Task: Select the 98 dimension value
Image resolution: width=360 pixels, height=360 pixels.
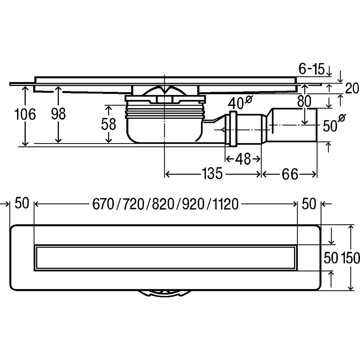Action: tap(58, 114)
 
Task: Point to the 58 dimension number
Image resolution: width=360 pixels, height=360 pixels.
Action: tap(108, 124)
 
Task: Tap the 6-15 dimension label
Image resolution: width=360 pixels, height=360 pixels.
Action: tap(312, 70)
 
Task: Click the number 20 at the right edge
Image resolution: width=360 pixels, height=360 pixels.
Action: tap(352, 89)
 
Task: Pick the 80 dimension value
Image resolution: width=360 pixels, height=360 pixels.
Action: tap(304, 102)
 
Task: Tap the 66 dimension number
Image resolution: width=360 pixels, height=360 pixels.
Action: tap(289, 174)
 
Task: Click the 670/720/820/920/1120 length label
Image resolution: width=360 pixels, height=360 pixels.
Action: tap(165, 205)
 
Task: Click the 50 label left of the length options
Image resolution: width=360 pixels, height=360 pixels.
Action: tap(22, 204)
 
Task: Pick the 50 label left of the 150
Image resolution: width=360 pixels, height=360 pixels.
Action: tap(331, 258)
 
